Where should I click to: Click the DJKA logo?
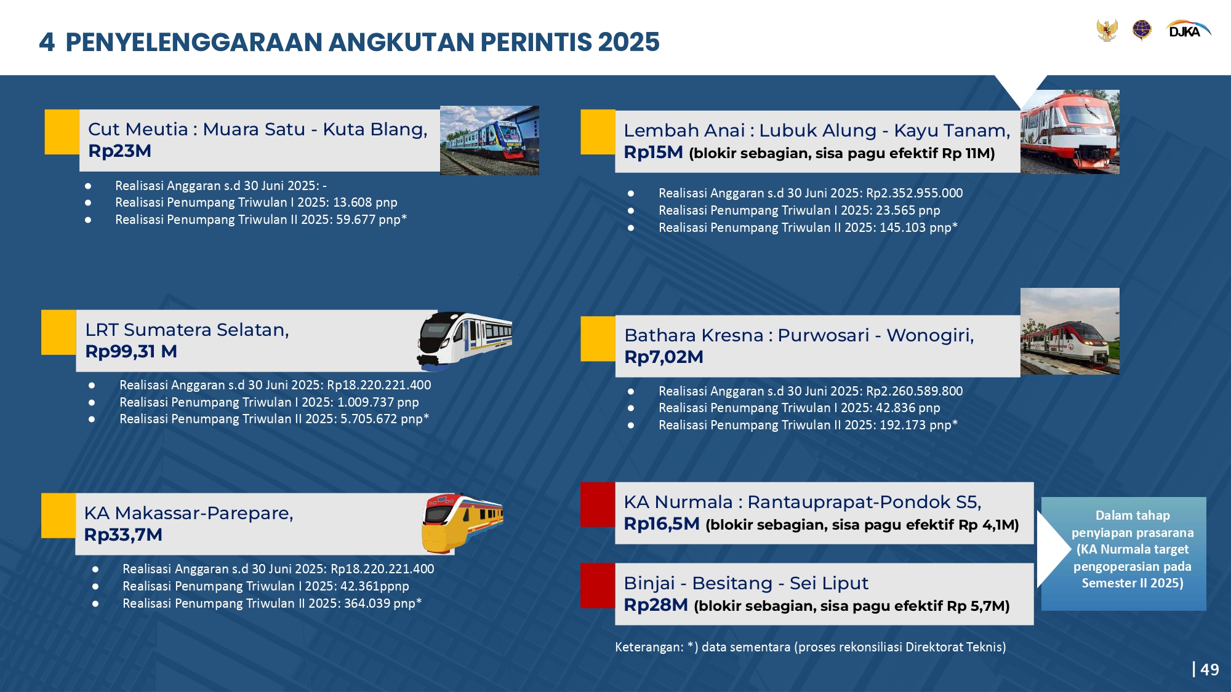pos(1189,30)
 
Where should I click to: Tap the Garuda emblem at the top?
pos(1107,30)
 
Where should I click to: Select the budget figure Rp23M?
pos(119,151)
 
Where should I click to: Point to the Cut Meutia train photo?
pos(489,140)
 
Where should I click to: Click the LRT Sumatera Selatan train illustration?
pos(465,340)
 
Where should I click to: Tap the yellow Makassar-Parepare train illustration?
pos(462,523)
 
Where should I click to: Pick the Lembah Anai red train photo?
pos(1070,132)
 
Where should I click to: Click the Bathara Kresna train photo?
pos(1070,332)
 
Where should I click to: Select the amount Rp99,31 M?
pos(131,351)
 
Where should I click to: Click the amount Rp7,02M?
pos(664,357)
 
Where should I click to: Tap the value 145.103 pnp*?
pos(918,228)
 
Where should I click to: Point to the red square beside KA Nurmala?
pos(598,504)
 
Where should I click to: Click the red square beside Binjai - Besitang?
pos(598,586)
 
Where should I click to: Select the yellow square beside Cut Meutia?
pos(62,132)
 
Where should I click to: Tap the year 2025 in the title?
pos(628,42)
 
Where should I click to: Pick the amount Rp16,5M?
pos(662,523)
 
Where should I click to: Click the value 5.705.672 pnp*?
pos(385,419)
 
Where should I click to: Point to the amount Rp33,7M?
pos(123,535)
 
